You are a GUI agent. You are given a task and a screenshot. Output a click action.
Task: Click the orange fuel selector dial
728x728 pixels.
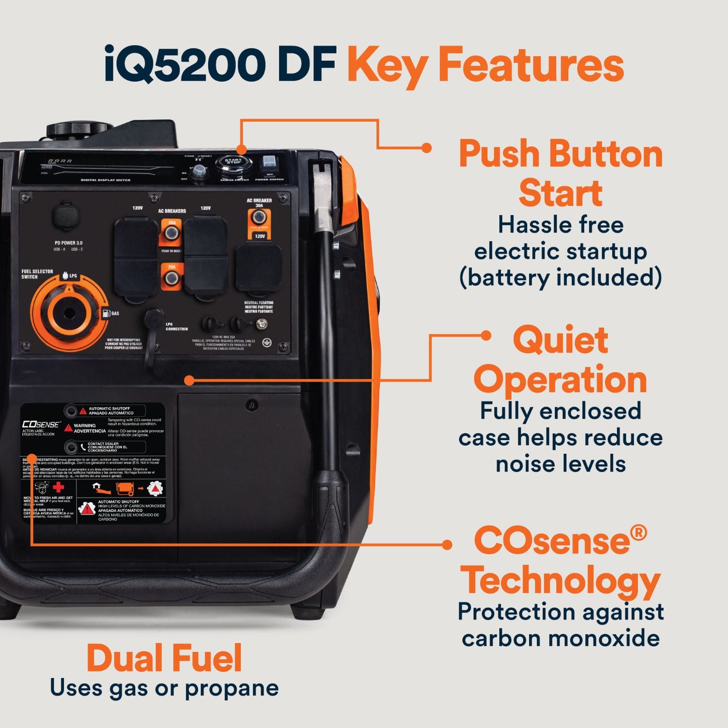coord(68,313)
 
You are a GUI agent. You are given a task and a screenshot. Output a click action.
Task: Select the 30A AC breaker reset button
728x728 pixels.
coord(259,217)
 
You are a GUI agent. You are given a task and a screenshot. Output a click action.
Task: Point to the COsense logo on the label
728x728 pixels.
coord(41,424)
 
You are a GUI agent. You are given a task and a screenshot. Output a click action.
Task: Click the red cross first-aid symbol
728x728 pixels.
coord(59,487)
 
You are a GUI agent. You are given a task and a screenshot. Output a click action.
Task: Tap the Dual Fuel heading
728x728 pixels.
coord(164,659)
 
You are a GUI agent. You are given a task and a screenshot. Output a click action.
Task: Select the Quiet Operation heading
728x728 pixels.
coord(560,360)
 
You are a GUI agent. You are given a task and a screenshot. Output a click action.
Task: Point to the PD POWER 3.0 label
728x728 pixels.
coord(68,243)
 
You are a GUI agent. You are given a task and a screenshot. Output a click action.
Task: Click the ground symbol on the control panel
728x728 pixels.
coord(266,343)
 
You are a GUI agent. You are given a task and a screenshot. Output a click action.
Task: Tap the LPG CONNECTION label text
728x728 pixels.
coord(176,327)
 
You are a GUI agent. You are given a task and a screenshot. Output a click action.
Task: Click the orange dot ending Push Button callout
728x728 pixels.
coord(427,148)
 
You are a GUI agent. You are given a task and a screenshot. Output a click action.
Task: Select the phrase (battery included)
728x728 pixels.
coord(560,278)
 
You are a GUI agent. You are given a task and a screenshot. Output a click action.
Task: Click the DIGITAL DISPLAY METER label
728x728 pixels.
coord(106,180)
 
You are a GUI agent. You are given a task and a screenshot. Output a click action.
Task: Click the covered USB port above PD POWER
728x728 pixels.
coord(66,216)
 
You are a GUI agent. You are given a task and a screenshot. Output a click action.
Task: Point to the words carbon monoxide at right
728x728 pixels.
coord(560,638)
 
